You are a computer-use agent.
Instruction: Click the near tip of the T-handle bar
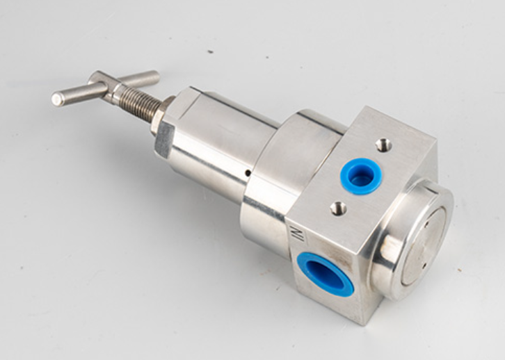(56, 99)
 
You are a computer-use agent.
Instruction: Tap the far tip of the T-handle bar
(156, 75)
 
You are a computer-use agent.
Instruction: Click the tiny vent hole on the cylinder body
(248, 174)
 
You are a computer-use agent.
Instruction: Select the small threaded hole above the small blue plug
(384, 145)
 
